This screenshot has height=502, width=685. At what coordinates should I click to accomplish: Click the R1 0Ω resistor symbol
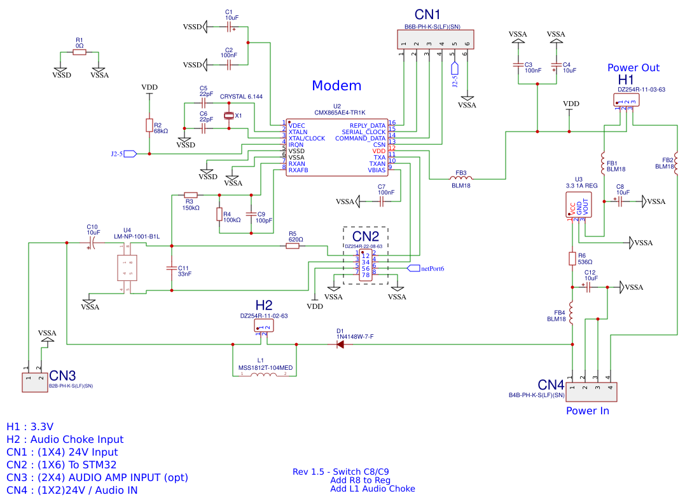[79, 53]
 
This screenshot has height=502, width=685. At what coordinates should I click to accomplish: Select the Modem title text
[336, 86]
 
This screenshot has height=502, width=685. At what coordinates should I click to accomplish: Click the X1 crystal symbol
[229, 116]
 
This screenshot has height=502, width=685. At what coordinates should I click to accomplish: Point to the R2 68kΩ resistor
[149, 126]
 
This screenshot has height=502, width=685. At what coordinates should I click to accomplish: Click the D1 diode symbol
[340, 344]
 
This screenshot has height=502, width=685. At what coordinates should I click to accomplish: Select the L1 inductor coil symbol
[263, 374]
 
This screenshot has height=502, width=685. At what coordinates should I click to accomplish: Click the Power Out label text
[633, 68]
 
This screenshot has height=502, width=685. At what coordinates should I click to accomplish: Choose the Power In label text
[588, 410]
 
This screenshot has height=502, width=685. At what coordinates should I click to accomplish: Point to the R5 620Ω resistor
[293, 246]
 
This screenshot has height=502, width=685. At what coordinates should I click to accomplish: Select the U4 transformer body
[125, 268]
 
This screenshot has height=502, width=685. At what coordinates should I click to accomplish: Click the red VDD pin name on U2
[379, 151]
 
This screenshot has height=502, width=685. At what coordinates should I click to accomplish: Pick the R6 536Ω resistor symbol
[572, 258]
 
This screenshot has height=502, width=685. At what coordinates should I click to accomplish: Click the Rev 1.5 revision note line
[341, 471]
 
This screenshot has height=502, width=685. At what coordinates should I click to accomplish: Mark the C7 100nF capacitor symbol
[382, 201]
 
